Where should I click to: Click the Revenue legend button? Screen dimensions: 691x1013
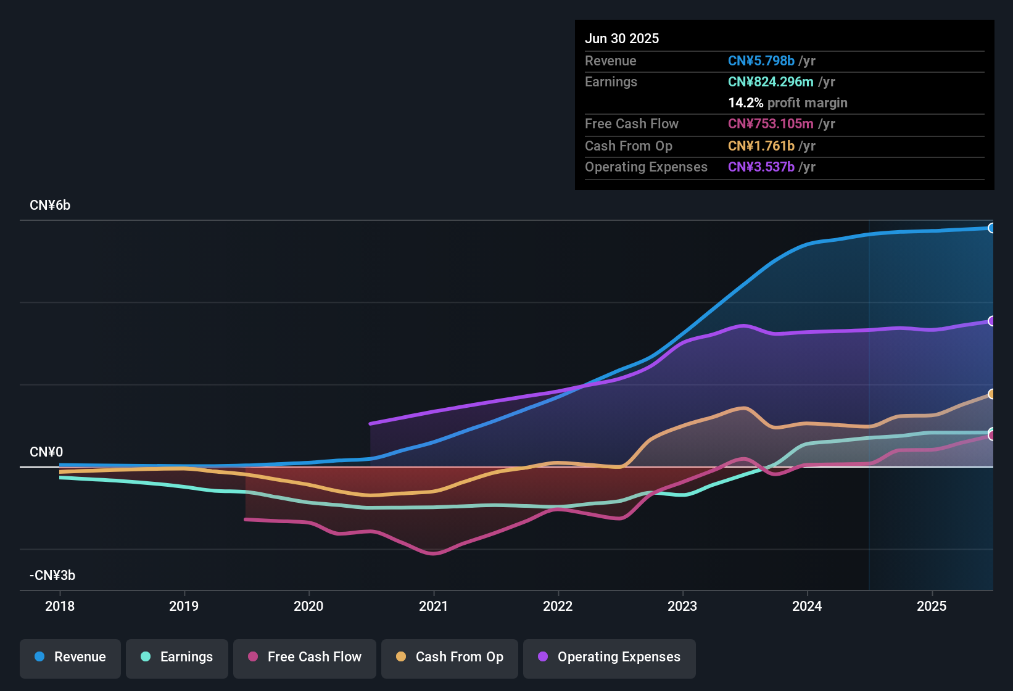tap(70, 657)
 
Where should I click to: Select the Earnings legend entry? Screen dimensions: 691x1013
tap(177, 657)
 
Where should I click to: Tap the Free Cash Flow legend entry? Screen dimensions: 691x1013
tap(305, 657)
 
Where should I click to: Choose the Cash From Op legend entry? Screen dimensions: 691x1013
tap(450, 657)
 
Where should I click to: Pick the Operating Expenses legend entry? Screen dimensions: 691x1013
tap(610, 657)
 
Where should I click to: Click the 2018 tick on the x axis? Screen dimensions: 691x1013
tap(60, 606)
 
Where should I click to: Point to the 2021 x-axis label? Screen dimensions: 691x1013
tap(433, 606)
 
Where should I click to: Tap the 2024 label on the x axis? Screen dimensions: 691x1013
tap(807, 606)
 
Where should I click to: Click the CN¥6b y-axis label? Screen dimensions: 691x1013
tap(50, 205)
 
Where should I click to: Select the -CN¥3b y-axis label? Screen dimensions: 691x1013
tap(52, 576)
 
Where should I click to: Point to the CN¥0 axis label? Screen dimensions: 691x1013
tap(46, 452)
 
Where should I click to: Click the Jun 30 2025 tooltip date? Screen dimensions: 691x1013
tap(622, 38)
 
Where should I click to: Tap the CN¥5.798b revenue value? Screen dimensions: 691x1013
tap(761, 60)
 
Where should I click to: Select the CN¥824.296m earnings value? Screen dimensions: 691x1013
tap(771, 81)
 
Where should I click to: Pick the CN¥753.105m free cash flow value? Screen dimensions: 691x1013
tap(771, 123)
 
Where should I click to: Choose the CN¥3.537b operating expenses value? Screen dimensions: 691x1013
tap(761, 167)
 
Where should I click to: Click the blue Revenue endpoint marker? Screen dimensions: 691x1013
tap(991, 228)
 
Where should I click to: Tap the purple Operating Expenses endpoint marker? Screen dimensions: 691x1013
tap(991, 321)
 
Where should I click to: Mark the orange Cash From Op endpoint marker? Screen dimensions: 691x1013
tap(991, 394)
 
